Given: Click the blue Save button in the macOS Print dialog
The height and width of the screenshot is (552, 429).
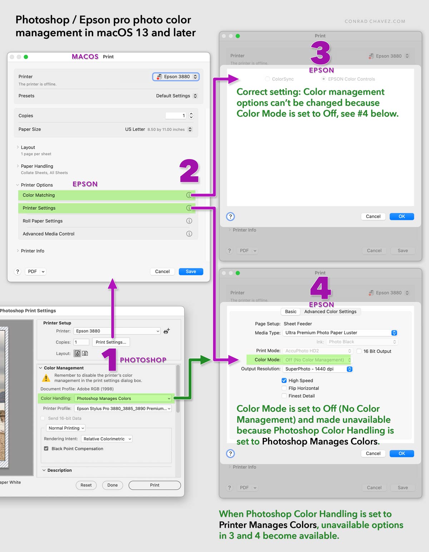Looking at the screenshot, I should coord(191,271).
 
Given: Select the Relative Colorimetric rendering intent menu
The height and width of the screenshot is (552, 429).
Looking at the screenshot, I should coord(107,439).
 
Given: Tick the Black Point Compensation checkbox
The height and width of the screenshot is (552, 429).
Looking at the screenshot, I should coord(46,448).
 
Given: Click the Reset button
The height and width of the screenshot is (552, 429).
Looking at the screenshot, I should coord(86,485).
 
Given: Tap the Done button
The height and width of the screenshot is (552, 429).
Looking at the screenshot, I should coord(112,485).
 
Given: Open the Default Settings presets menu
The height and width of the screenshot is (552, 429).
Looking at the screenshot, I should coord(176,96).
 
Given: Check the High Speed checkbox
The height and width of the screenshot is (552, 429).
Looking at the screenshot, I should coord(284,380).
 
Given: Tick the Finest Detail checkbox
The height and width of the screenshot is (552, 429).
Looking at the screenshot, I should coord(284,396).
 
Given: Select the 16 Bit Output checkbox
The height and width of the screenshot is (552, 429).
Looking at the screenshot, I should coord(359,351).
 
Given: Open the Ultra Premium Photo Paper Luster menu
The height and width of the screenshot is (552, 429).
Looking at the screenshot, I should coord(340,332).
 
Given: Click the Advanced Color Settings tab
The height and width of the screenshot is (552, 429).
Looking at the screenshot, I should coord(330,311).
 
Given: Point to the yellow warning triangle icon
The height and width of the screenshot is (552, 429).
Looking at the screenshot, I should coord(46,378).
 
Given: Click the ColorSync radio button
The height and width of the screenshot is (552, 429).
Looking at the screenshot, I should coord(267,79).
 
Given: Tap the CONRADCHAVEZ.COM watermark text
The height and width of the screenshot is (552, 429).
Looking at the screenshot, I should coord(375,21).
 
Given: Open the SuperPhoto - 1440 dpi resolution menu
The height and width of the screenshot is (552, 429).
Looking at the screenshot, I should coord(317,369).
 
